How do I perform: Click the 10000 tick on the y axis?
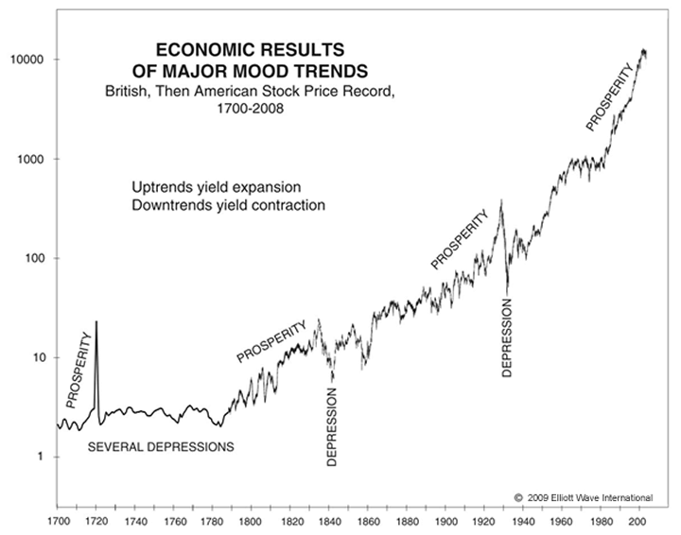pos(29,60)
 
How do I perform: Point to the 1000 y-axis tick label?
pos(32,159)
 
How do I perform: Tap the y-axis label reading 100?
pos(35,258)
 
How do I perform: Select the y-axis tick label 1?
pos(41,457)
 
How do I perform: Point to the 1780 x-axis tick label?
pos(212,520)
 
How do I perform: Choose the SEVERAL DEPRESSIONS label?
pos(161,446)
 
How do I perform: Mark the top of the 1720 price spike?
pos(96,322)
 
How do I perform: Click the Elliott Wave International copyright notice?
pos(583,496)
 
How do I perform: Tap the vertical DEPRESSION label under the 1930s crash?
pos(507,338)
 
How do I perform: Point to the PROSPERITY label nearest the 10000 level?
pos(610,97)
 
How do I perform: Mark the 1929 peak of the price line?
pos(500,199)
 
